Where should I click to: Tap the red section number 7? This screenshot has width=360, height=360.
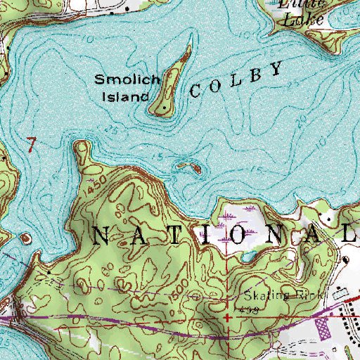(x=30, y=144)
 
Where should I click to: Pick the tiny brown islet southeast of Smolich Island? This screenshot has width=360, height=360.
(x=188, y=167)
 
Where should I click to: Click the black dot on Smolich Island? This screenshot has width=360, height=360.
(x=163, y=109)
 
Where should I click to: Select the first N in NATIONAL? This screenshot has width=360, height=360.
(x=100, y=237)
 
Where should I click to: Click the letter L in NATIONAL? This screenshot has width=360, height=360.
(x=349, y=236)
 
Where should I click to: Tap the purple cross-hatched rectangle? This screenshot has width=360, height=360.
(x=323, y=326)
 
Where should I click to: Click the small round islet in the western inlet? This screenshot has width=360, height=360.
(x=26, y=239)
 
